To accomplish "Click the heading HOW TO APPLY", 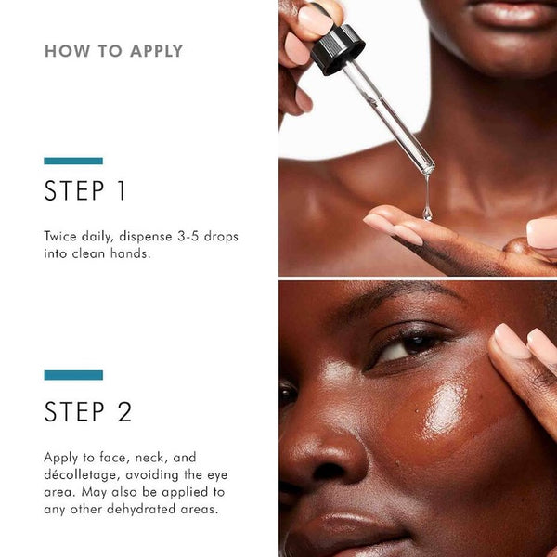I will click(x=113, y=51).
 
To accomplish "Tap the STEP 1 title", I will click(x=85, y=191).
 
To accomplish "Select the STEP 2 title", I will click(x=88, y=412).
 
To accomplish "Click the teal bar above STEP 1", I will click(x=73, y=161).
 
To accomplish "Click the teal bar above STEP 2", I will click(x=73, y=375).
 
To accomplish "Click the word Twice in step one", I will click(x=61, y=237).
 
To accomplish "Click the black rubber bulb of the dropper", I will click(x=336, y=49).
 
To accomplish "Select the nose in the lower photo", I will click(x=316, y=446).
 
